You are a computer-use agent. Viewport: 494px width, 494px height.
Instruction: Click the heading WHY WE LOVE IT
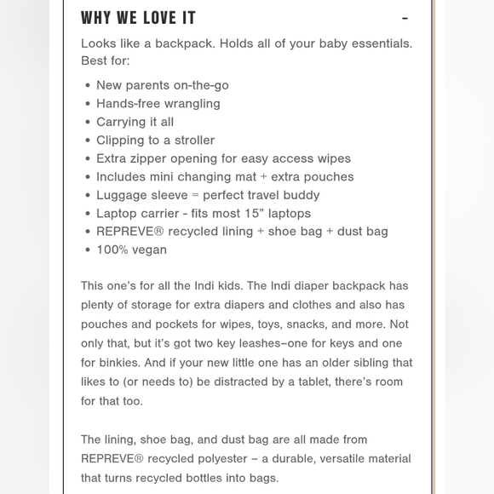point(138,18)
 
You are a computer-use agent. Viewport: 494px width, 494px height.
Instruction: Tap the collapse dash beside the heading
point(405,18)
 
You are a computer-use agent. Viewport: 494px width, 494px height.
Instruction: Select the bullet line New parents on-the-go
point(162,85)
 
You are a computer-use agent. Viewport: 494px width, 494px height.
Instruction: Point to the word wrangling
point(192,104)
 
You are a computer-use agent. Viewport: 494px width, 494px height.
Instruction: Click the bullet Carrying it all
point(135,122)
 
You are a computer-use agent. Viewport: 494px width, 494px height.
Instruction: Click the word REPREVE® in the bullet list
point(130,232)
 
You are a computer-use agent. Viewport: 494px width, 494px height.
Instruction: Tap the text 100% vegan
point(131,250)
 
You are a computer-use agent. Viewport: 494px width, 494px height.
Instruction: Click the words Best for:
point(105,61)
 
